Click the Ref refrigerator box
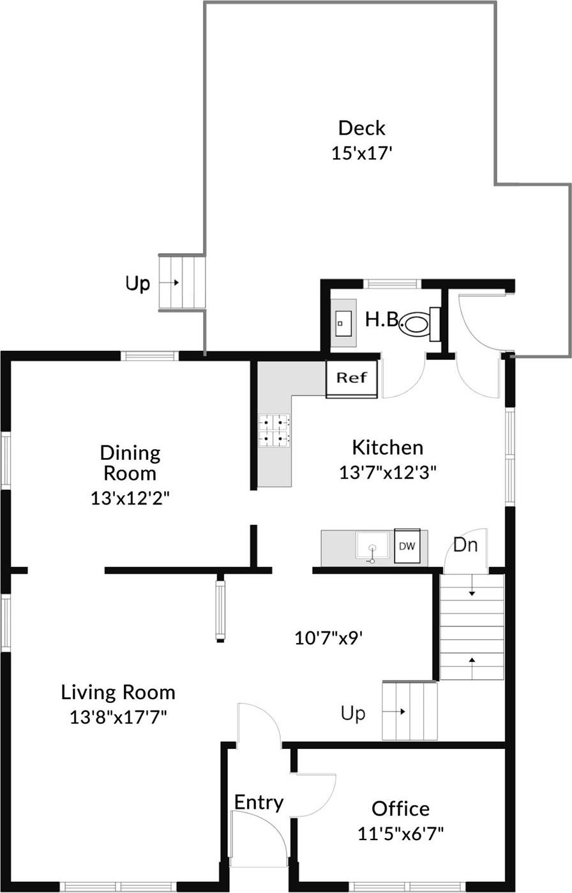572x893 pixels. [352, 378]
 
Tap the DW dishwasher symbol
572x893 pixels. [407, 546]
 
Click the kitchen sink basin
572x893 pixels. [372, 547]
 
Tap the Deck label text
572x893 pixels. [361, 128]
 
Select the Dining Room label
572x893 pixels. [130, 463]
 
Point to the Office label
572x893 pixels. [400, 809]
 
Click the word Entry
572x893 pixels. [259, 802]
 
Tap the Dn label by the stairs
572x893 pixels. [465, 545]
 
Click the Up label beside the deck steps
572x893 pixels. [137, 283]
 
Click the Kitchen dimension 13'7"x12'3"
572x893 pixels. [388, 473]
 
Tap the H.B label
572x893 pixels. [381, 320]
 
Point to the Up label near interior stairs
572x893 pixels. [353, 713]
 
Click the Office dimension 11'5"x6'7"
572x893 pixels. [400, 833]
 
